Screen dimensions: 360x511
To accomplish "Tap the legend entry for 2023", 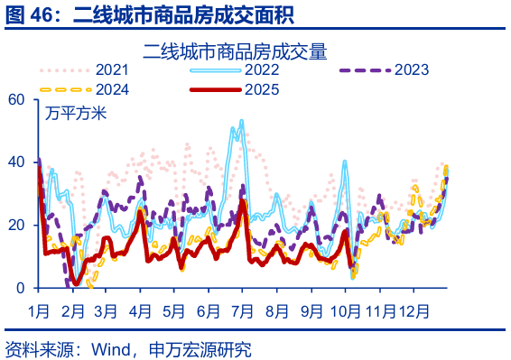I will (411, 69).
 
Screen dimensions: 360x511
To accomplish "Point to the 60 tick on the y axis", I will (15, 99).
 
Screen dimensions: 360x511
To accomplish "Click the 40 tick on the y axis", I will (15, 162).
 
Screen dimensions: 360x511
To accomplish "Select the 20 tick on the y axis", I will (15, 225).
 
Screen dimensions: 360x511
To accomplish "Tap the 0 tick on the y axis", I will (20, 288).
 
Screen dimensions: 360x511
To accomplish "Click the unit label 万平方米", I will (76, 114).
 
